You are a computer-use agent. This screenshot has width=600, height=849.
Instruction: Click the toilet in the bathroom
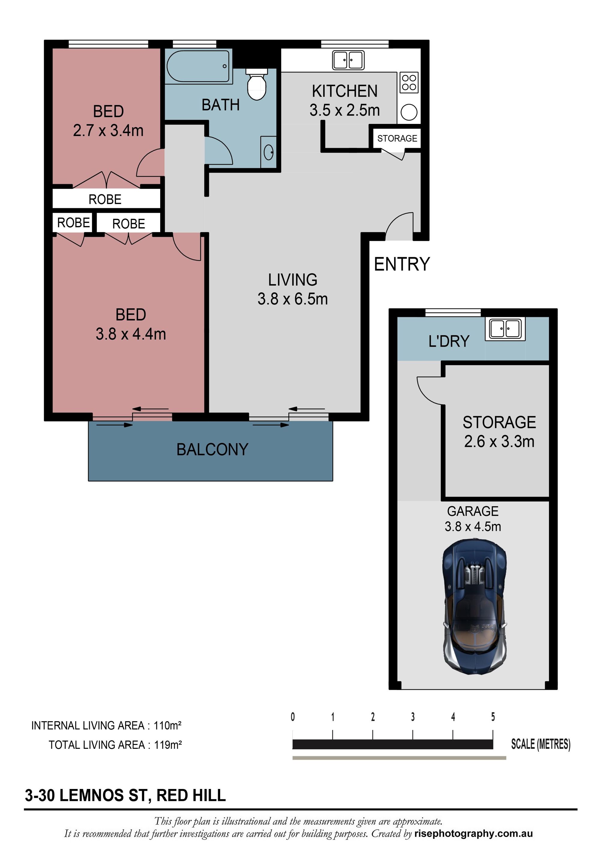(x=256, y=84)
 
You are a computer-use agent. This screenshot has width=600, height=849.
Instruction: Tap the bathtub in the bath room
(x=198, y=66)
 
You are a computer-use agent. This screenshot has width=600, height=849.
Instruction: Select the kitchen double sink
(x=348, y=60)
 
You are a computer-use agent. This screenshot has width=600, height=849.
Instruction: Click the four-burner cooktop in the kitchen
(x=409, y=83)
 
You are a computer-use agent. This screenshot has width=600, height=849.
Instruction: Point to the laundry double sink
(x=505, y=329)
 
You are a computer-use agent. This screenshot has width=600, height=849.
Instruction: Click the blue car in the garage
(x=474, y=607)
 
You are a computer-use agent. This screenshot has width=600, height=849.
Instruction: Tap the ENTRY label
(x=402, y=264)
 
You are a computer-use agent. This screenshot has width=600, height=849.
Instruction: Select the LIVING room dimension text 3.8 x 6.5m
(x=293, y=299)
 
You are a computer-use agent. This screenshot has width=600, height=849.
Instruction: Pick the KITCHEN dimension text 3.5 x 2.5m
(x=344, y=110)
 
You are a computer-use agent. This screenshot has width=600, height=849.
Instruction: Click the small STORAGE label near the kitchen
(x=397, y=138)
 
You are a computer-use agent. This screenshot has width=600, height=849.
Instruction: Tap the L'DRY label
(x=449, y=341)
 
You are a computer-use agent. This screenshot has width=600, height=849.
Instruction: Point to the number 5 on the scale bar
(x=493, y=717)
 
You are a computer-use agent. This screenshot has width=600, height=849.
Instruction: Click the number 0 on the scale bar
(x=293, y=717)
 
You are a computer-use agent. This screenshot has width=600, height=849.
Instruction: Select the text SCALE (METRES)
(x=541, y=744)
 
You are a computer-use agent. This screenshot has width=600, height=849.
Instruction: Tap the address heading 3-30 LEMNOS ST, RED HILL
(x=125, y=795)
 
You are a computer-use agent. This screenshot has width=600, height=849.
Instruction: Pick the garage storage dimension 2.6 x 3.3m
(x=499, y=441)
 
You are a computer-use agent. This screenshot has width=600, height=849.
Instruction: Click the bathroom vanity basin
(x=269, y=152)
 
